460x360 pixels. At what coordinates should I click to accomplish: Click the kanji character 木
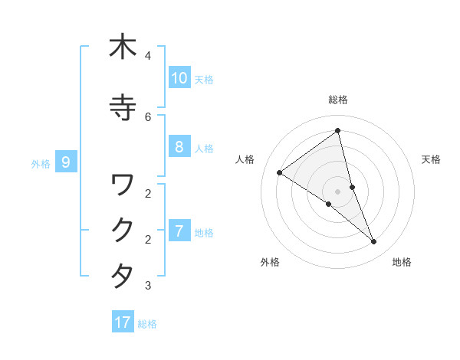coord(123,47)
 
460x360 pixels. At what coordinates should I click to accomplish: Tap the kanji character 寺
coord(123,108)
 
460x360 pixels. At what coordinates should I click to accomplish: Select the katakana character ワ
coord(123,184)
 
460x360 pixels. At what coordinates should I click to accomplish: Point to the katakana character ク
coord(123,230)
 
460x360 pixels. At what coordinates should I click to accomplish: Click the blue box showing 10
coord(179,78)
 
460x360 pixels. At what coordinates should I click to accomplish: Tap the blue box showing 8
coord(179,147)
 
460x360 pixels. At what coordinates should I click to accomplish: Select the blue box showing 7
coord(179,231)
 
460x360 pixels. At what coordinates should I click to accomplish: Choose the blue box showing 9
coord(66,162)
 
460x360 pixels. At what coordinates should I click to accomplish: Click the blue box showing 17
coord(123,322)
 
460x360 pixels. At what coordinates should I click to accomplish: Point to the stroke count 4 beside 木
coord(148,56)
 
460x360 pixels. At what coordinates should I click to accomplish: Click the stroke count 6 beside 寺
coord(148,117)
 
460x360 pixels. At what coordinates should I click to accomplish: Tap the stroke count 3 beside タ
coord(148,286)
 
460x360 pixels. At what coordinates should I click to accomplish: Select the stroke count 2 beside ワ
coord(148,193)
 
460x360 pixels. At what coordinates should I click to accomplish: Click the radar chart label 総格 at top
coord(338,100)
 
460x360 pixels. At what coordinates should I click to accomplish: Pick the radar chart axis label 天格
coord(432,159)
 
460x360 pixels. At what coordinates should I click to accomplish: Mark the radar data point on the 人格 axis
coord(280,172)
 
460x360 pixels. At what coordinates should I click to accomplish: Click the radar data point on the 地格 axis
coord(374,241)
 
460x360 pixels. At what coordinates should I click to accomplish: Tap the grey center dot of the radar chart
coord(338,191)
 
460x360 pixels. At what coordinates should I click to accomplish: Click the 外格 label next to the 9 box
coord(40,163)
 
